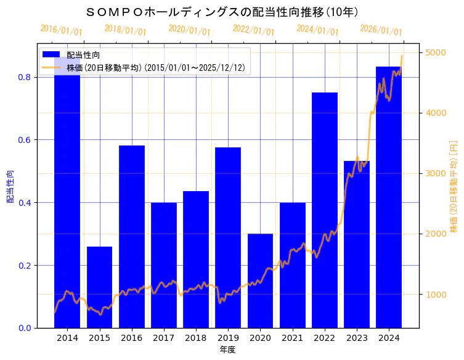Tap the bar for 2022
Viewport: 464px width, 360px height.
click(x=324, y=210)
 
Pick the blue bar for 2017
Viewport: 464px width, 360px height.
click(x=164, y=265)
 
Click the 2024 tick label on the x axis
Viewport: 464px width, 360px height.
click(x=389, y=338)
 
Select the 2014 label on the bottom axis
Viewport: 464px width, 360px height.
click(x=67, y=338)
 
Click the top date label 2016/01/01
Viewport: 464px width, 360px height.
click(x=61, y=30)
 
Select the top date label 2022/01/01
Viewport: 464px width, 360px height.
click(x=253, y=30)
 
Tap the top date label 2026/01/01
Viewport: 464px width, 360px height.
click(x=381, y=30)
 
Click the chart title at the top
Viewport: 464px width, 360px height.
click(x=221, y=12)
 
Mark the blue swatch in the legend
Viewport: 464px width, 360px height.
click(x=51, y=55)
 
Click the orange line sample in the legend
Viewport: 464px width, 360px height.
click(x=51, y=67)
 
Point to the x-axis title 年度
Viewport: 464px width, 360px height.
click(x=227, y=350)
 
